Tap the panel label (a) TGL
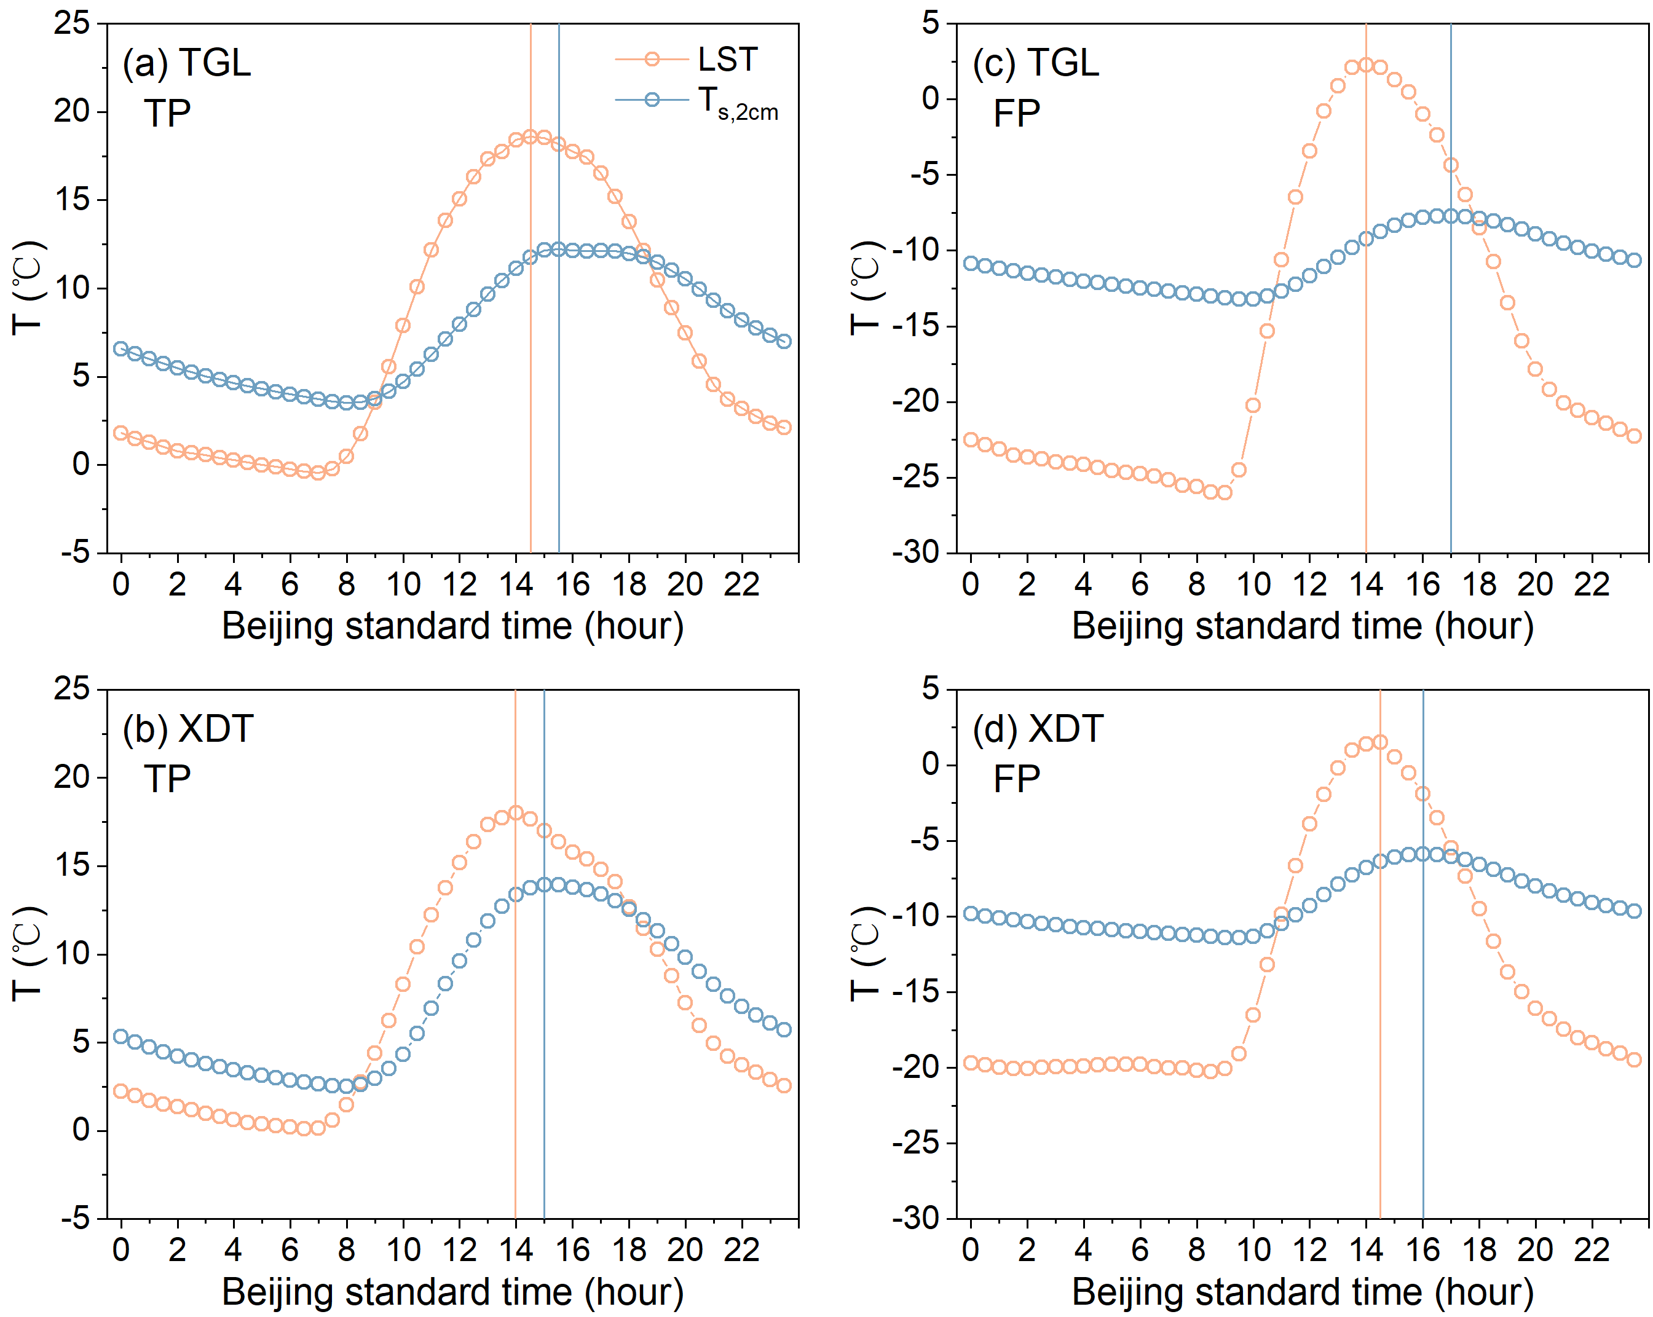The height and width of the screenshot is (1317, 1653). tap(186, 62)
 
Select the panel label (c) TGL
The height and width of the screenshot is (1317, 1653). tap(1036, 62)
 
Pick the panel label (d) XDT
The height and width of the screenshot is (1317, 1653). tap(1037, 728)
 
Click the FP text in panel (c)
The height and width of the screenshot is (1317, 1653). tap(1017, 114)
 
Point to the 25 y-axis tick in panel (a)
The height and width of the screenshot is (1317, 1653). tap(71, 23)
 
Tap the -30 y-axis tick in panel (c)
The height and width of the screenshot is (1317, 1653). tap(915, 552)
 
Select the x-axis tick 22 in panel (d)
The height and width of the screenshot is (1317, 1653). tap(1592, 1250)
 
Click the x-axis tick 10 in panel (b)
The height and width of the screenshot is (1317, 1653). tap(403, 1250)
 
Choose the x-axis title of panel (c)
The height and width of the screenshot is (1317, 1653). tap(1303, 626)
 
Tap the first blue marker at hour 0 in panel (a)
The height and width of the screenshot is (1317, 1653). tap(120, 349)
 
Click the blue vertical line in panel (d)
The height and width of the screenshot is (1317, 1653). tap(1423, 997)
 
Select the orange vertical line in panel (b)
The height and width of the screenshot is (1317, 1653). tap(515, 997)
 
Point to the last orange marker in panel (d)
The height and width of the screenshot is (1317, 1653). tap(1634, 1060)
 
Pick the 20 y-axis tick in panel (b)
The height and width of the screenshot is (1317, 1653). tap(71, 777)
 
